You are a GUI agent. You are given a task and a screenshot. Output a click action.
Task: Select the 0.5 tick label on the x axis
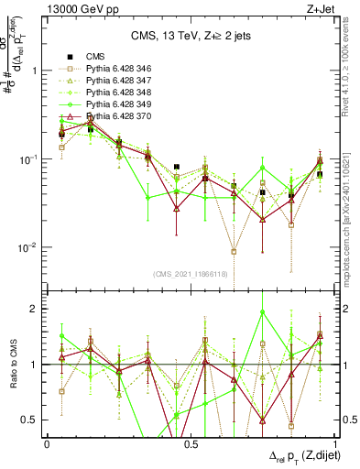point(191,442)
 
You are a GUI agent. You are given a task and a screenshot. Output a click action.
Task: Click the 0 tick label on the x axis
point(48,442)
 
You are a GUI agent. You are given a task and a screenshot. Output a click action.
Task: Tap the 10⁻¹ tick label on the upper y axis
point(29,158)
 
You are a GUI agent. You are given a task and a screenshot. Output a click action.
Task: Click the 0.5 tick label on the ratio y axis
point(31,420)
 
